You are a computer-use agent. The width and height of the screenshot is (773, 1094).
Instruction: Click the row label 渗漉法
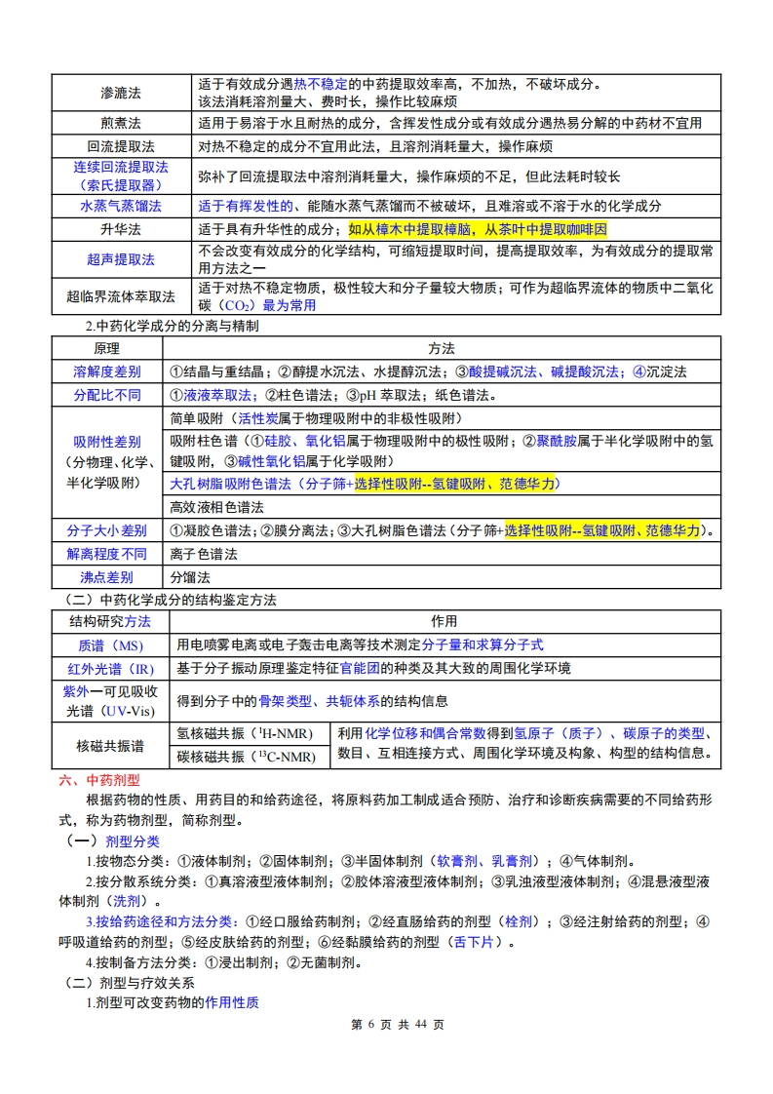tap(121, 93)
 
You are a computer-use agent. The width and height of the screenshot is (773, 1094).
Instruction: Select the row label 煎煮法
tap(121, 124)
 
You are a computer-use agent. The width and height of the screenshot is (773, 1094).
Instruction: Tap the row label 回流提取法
tap(121, 147)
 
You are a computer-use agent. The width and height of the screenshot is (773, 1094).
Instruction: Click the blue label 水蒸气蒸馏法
tap(121, 206)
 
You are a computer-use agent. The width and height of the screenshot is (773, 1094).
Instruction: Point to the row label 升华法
tap(121, 230)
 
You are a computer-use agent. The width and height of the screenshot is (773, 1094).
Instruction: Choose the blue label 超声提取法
tap(121, 259)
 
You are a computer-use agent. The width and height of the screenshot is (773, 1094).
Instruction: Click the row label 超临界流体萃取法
tap(121, 296)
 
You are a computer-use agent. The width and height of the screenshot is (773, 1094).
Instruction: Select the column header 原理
tap(107, 348)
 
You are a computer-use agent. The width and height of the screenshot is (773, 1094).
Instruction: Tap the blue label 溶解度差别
tap(107, 371)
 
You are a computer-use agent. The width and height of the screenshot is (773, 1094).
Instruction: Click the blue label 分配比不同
tap(107, 395)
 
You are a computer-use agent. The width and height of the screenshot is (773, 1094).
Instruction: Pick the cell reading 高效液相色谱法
tap(216, 507)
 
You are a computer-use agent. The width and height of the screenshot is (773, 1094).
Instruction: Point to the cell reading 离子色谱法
tap(203, 554)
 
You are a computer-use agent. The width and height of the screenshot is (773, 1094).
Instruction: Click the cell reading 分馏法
tap(189, 577)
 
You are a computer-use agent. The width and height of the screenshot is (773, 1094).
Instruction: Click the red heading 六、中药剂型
tap(99, 780)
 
